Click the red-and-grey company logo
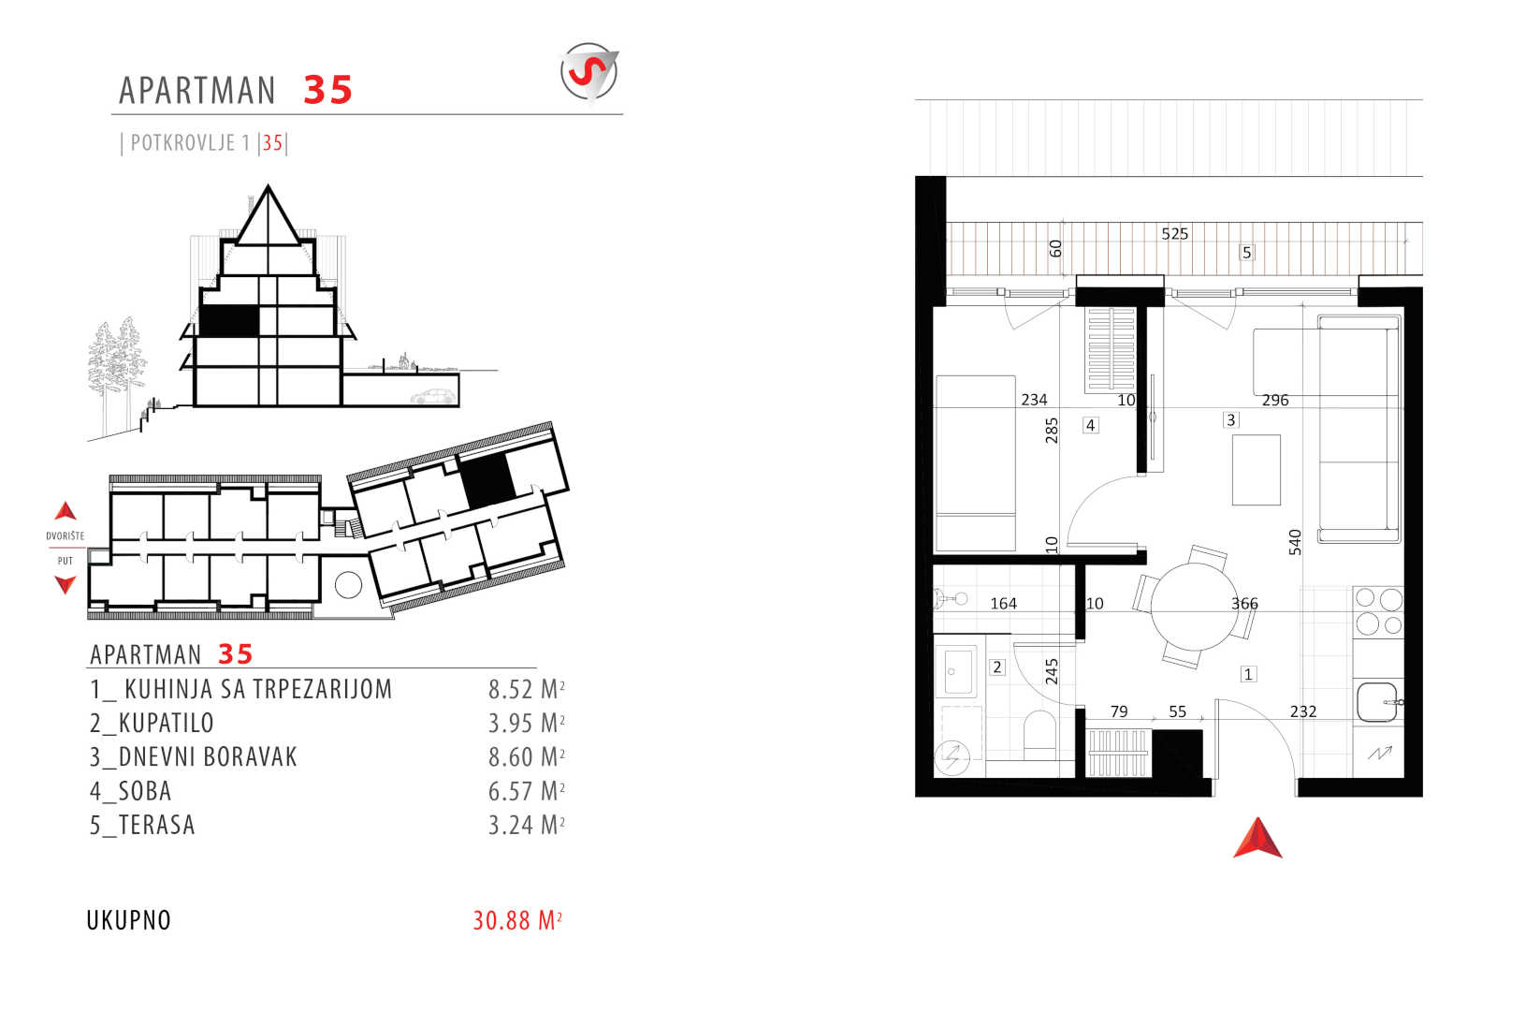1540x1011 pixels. point(589,72)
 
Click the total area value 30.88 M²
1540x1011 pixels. point(517,920)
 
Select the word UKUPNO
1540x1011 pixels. point(128,920)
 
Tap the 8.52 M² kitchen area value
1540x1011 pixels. point(526,689)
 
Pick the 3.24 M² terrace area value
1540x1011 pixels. point(526,825)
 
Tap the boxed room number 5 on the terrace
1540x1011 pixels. point(1246,253)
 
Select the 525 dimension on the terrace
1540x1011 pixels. point(1174,234)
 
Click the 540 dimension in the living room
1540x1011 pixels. point(1295,542)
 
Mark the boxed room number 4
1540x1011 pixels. point(1090,425)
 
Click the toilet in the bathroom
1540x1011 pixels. point(1039,735)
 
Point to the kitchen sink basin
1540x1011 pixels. point(1377,701)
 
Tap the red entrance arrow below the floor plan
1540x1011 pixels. point(1257,839)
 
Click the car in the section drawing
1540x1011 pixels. point(432,397)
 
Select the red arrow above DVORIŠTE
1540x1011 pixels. point(65,510)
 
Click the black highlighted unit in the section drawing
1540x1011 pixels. point(229,320)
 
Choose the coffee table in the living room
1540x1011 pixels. point(1257,470)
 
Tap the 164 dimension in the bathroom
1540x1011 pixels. point(1003,603)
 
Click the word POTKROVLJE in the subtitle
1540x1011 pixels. point(182,142)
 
